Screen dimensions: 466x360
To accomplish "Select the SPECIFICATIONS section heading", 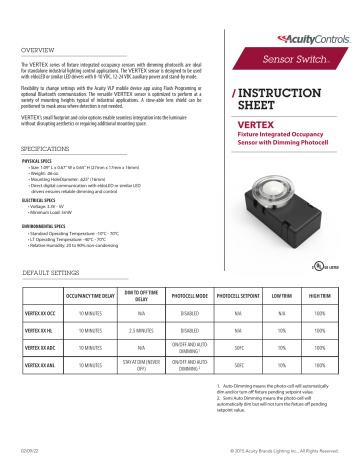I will click(x=44, y=147).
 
